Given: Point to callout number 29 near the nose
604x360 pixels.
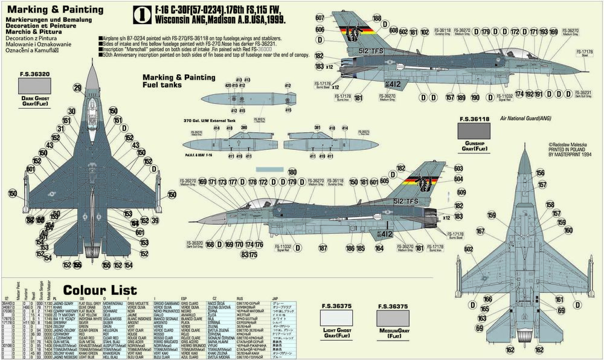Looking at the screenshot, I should pos(77,88).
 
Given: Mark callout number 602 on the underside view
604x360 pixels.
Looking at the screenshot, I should pos(467,249).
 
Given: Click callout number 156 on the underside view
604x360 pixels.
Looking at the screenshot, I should pos(539,173).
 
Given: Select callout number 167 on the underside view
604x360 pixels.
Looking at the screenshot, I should pos(480,231).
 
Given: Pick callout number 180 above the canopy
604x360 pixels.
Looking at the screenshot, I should pos(292,172).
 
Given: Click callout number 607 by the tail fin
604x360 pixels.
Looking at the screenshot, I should pos(320,18).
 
